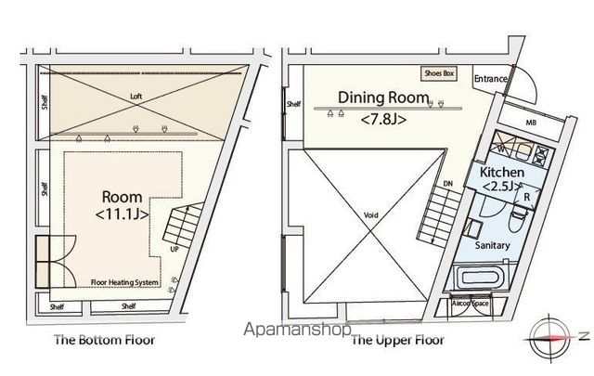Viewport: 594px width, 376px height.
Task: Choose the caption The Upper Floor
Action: (397, 340)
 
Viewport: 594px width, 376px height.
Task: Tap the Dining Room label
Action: (382, 97)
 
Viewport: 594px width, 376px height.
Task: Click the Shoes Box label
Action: (438, 73)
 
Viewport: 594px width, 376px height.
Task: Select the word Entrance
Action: (490, 80)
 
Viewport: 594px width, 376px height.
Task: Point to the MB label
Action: (530, 122)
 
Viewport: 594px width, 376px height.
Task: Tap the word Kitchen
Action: (502, 173)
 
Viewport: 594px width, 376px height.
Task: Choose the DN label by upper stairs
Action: (446, 184)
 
